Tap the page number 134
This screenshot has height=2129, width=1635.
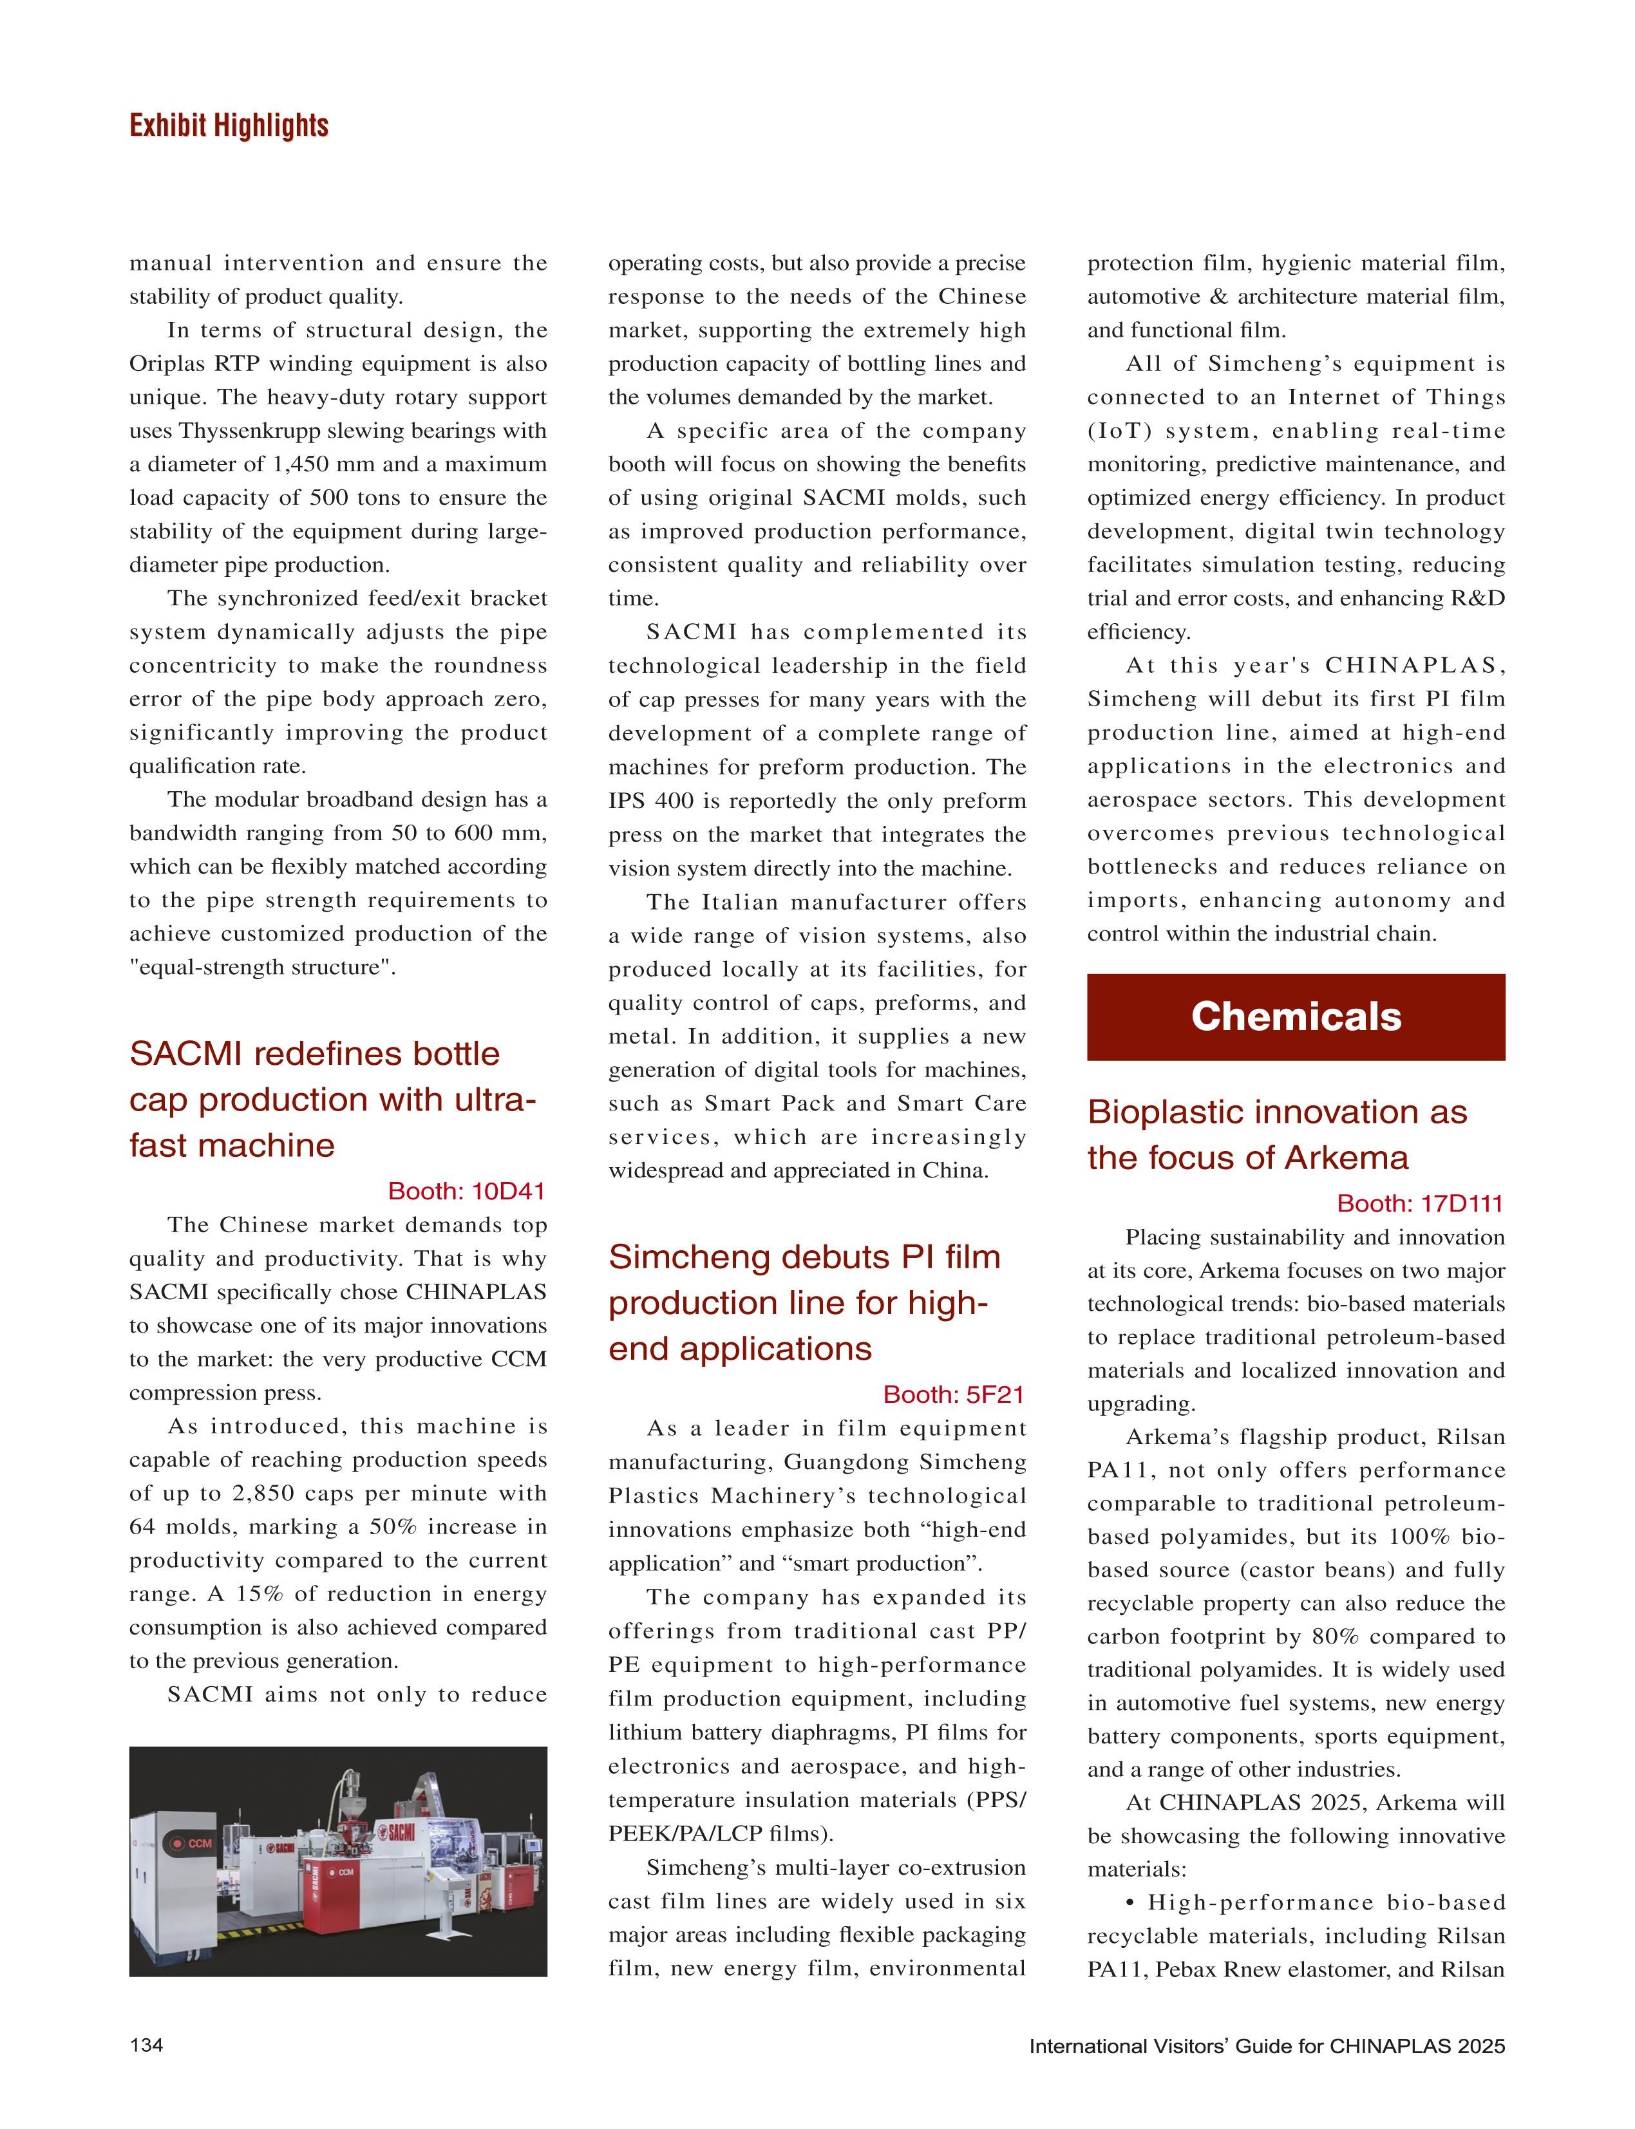pos(146,2045)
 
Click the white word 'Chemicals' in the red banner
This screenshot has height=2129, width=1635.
pos(1296,1016)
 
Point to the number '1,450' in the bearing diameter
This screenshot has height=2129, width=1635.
pos(303,464)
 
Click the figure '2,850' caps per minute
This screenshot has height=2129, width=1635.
pos(263,1494)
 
